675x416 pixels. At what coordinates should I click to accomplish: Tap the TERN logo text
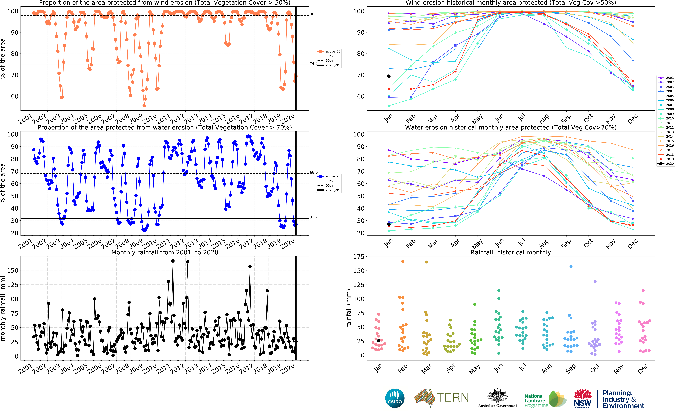pyautogui.click(x=452, y=398)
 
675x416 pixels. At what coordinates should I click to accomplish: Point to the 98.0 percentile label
pyautogui.click(x=314, y=14)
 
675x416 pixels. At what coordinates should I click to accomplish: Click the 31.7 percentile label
pyautogui.click(x=314, y=217)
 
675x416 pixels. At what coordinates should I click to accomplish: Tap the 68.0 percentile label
pyautogui.click(x=314, y=172)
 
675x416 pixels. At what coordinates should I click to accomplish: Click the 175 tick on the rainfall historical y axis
pyautogui.click(x=359, y=257)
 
